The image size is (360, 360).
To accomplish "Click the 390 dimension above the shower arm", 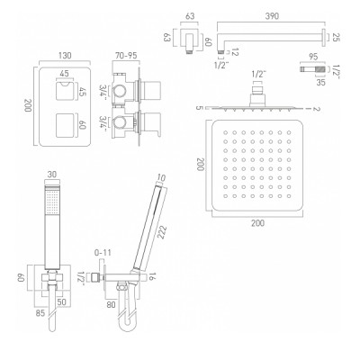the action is tap(272, 16).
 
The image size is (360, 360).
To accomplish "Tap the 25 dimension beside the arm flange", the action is tap(337, 38).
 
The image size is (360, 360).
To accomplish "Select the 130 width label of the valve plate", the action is tap(65, 56).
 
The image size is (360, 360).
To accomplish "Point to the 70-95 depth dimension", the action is tap(126, 56).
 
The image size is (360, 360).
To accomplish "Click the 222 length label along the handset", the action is tap(161, 232).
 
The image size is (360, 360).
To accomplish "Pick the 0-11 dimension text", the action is tap(103, 253).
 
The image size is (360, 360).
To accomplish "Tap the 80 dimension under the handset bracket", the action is tap(111, 304).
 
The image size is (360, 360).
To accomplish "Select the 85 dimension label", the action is tap(40, 313).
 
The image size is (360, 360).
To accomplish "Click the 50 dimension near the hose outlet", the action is tap(62, 302).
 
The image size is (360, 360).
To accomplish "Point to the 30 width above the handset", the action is tap(52, 175).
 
